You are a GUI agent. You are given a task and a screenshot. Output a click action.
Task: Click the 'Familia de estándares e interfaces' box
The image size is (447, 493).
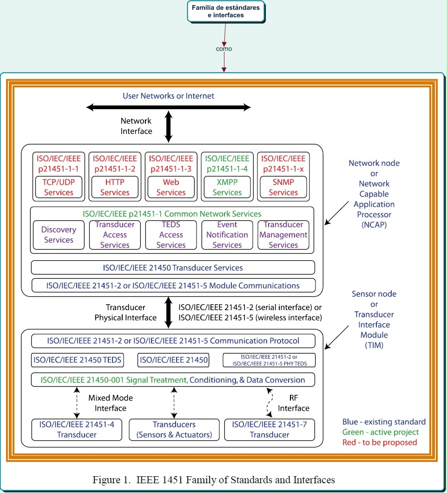point(226,11)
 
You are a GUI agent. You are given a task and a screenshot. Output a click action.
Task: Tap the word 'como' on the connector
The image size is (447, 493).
point(224,49)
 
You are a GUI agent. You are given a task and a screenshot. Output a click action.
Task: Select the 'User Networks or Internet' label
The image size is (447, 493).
point(169,96)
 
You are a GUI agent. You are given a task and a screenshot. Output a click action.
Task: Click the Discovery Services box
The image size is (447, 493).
point(59,235)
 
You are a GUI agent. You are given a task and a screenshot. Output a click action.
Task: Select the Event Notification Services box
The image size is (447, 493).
point(227,235)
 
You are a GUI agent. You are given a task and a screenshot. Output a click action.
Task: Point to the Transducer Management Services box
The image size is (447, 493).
point(283,235)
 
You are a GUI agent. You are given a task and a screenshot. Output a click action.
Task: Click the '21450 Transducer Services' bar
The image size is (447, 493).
point(173,268)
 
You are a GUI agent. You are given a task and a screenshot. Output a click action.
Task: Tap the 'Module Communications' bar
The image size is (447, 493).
point(173,285)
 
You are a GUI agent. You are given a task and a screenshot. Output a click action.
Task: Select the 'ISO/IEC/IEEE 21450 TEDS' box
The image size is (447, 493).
point(77,360)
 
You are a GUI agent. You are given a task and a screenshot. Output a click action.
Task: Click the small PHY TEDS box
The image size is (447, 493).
point(269,360)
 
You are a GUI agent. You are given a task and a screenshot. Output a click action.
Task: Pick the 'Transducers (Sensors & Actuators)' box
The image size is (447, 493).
point(174,430)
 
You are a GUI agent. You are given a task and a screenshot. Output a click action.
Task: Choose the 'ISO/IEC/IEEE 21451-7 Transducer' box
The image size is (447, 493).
point(270,430)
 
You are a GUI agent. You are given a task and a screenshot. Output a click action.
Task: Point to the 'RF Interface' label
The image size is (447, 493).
point(294,403)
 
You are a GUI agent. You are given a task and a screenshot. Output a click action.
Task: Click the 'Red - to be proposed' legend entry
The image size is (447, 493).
point(380,442)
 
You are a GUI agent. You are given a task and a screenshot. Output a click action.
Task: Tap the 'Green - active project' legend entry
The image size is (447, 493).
point(381,432)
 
